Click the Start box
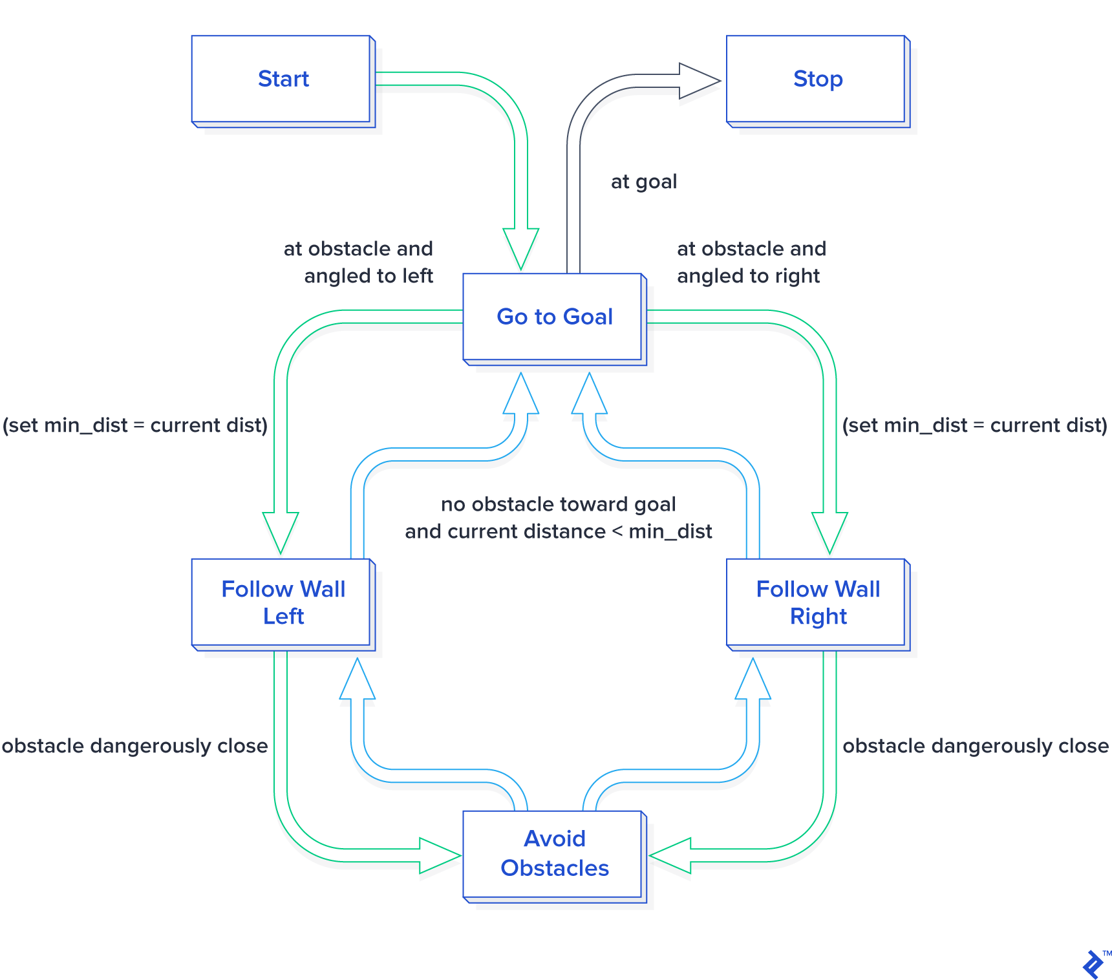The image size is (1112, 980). point(283,79)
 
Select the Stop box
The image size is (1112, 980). point(817,79)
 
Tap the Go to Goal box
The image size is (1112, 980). point(554,317)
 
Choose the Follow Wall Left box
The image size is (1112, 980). point(283,602)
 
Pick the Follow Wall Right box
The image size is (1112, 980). point(817,602)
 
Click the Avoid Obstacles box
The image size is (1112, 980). point(554,853)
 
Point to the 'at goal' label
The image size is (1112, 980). point(643,182)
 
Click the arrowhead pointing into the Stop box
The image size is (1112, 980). point(698,81)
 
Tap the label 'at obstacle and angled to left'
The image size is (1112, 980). point(359,262)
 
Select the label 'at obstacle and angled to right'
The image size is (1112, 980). point(751,262)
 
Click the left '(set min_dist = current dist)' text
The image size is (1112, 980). point(135,425)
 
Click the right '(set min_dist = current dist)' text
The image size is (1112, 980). point(974,425)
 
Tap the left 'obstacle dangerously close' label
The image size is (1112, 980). point(134,745)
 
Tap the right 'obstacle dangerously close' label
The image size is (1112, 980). point(975,745)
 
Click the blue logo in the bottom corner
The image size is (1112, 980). point(1093,964)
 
